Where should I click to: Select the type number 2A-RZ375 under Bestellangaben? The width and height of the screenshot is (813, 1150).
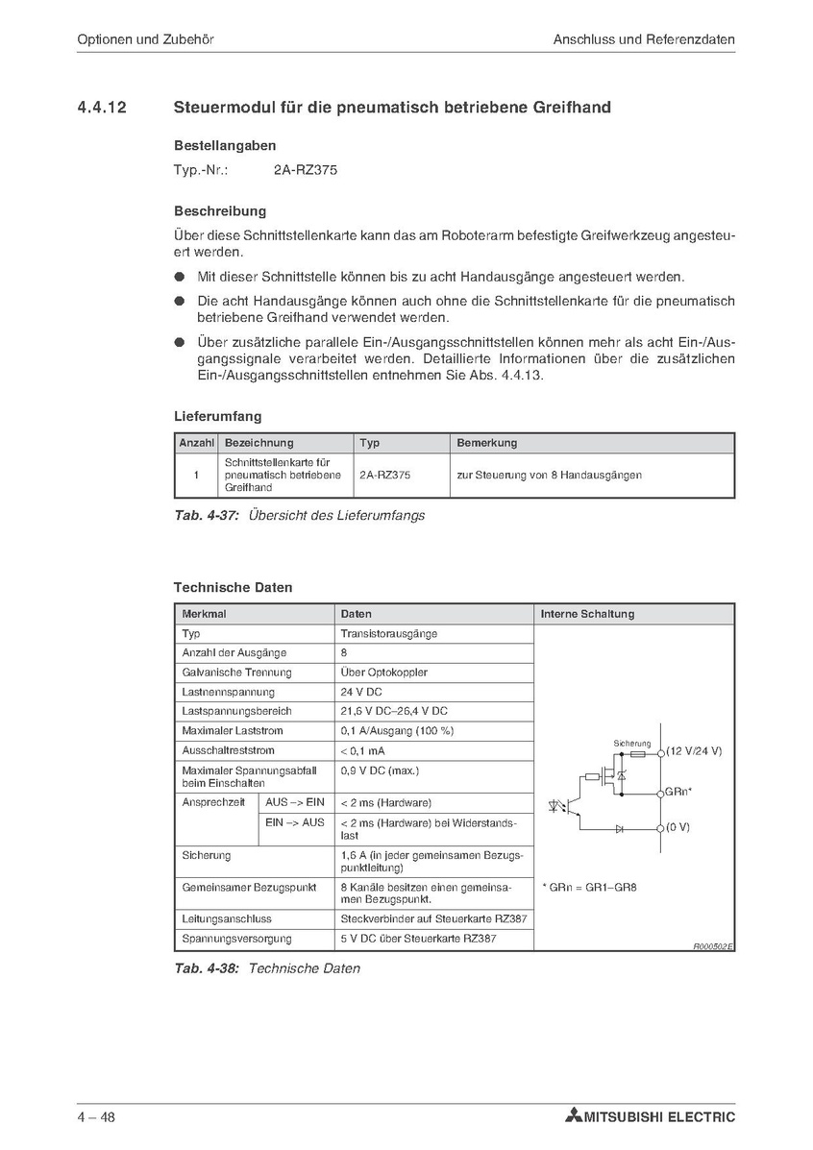(306, 170)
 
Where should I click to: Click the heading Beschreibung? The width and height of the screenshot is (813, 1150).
(220, 210)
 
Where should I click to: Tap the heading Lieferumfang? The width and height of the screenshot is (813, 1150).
(217, 417)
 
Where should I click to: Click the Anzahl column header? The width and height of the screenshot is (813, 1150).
(195, 443)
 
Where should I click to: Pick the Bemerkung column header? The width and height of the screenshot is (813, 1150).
(486, 443)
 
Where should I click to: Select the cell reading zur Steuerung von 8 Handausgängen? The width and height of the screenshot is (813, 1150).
(549, 475)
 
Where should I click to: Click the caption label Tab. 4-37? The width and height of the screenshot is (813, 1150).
(207, 515)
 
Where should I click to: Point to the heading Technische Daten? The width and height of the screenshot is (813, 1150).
(233, 587)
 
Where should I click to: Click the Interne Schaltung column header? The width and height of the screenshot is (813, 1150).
(587, 614)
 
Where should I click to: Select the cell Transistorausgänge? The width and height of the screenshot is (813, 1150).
(388, 634)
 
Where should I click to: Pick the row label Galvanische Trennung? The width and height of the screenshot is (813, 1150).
(236, 673)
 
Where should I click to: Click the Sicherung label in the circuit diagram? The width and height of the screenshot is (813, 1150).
(631, 744)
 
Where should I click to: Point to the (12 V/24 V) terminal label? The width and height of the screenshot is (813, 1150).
(694, 750)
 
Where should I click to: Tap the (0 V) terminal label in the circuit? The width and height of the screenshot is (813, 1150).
(677, 826)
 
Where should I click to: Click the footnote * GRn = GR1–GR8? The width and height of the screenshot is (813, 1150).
(589, 887)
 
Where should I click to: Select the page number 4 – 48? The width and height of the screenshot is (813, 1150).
(96, 1116)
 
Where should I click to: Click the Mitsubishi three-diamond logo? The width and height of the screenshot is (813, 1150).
(574, 1116)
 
